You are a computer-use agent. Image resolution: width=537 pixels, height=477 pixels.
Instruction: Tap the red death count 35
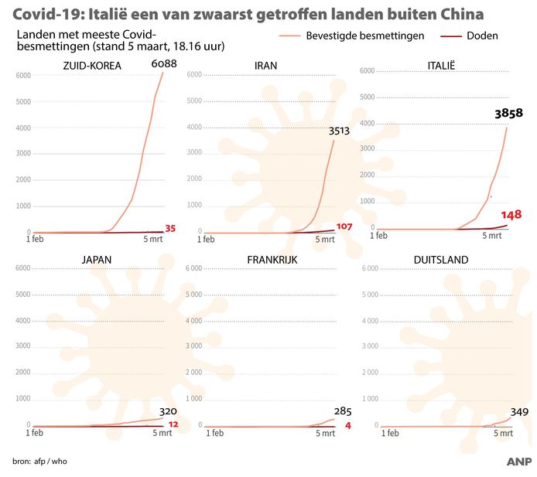tap(171, 228)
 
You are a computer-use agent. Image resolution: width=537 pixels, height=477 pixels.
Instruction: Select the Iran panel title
tap(267, 65)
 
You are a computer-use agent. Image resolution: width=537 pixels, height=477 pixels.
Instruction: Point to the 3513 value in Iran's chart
tap(340, 131)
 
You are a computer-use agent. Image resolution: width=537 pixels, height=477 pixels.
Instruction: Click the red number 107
tap(344, 227)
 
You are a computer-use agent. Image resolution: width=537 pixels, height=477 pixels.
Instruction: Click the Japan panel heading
tap(92, 259)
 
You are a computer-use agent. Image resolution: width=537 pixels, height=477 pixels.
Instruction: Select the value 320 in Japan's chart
tap(168, 412)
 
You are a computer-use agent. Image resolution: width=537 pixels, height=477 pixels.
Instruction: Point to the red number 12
tap(173, 424)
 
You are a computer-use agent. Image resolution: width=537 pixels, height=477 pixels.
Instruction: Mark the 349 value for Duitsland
tap(518, 411)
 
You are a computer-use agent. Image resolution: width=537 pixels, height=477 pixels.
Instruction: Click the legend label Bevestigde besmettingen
tap(364, 36)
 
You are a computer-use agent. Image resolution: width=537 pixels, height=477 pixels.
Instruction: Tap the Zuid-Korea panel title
tap(92, 65)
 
